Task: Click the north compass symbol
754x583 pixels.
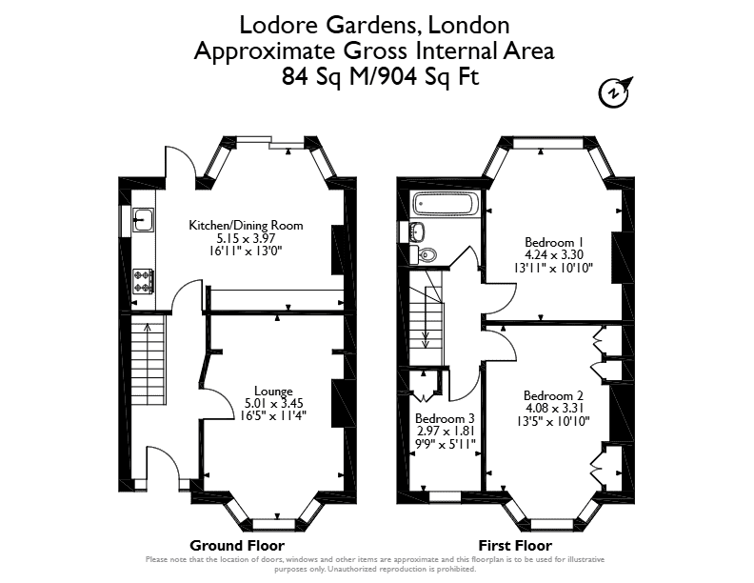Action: [x=615, y=91]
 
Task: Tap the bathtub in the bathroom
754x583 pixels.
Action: [x=446, y=204]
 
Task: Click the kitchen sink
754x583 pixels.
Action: [x=144, y=219]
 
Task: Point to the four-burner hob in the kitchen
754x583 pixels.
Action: [x=144, y=281]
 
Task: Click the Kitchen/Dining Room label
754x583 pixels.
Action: [x=246, y=225]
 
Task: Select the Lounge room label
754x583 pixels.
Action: [x=273, y=392]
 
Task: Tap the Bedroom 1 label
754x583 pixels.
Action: [x=549, y=242]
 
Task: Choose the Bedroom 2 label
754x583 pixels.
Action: [x=553, y=395]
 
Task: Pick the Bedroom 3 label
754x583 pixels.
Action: [x=445, y=418]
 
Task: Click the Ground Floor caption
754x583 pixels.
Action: [x=237, y=546]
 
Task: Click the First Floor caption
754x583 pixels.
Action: [x=515, y=546]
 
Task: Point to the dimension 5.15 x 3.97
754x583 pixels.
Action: [x=246, y=238]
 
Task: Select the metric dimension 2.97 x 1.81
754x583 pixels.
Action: [x=445, y=431]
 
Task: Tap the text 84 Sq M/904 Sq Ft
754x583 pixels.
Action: [x=381, y=76]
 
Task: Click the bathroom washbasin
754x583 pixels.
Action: [x=418, y=231]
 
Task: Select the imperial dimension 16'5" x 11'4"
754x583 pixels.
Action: [x=273, y=415]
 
